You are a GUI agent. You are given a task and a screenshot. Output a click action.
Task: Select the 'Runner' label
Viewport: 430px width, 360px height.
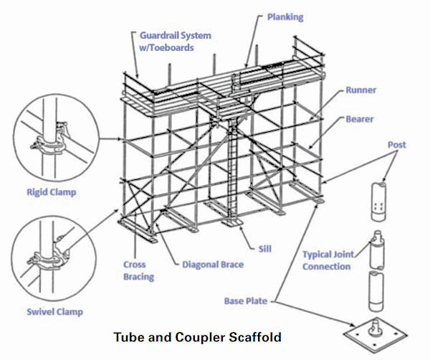tap(360, 91)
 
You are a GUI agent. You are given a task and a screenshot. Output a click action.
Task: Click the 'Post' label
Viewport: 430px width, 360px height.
tap(396, 145)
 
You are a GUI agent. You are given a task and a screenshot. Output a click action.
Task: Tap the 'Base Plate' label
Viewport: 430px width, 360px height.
tap(247, 301)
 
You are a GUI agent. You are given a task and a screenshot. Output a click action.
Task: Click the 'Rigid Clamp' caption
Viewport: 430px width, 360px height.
tap(51, 192)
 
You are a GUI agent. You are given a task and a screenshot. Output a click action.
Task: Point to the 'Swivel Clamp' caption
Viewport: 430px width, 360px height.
tap(54, 312)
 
